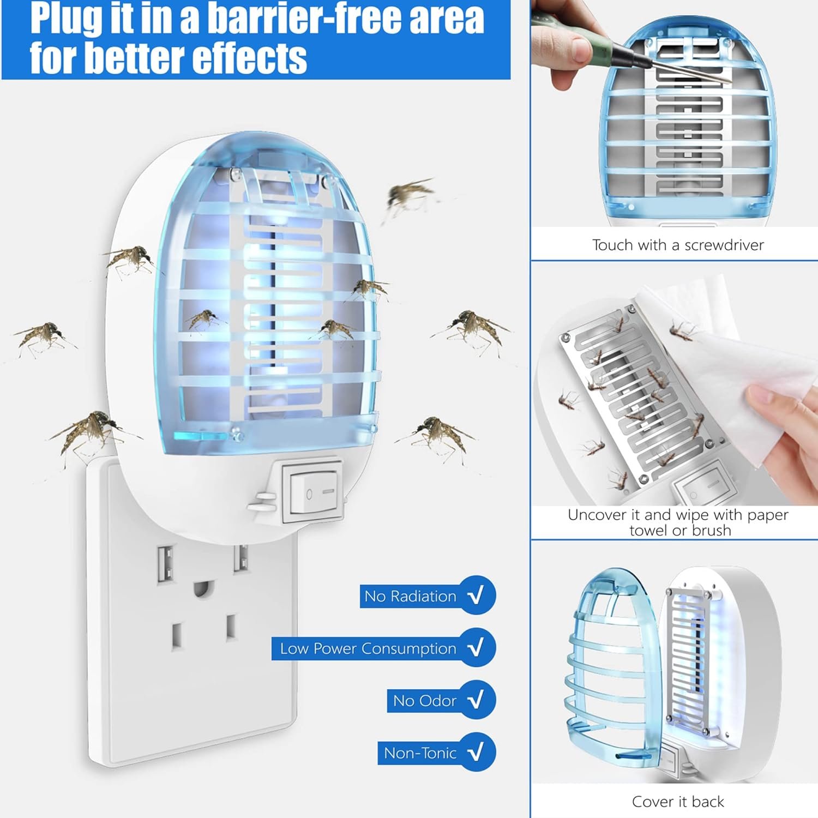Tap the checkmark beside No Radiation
(x=476, y=596)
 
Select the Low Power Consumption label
(x=368, y=648)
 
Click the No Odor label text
(x=424, y=701)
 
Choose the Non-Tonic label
(x=420, y=753)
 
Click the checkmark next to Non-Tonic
(x=476, y=753)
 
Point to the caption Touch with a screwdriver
(x=678, y=245)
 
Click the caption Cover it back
(x=678, y=802)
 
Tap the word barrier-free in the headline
(x=346, y=19)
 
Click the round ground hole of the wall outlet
(x=202, y=588)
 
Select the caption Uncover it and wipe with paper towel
(x=678, y=522)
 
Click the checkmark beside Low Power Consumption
(x=476, y=648)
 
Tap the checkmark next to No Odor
(x=476, y=700)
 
